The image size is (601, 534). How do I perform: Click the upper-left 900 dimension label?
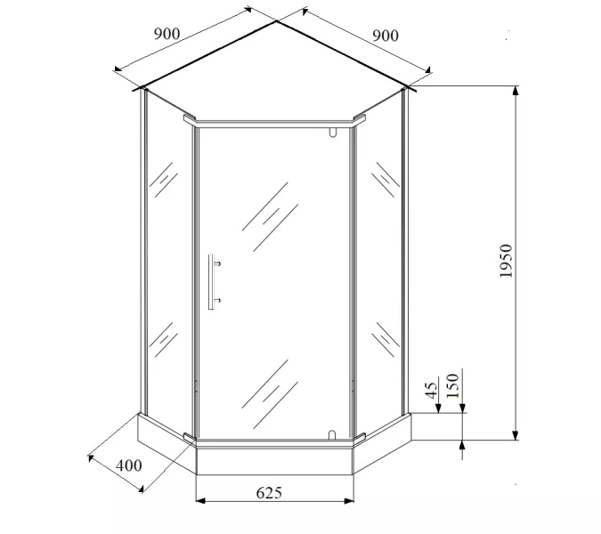pyautogui.click(x=166, y=34)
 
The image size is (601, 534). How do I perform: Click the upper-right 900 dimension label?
pyautogui.click(x=386, y=36)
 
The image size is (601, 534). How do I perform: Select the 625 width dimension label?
pyautogui.click(x=269, y=493)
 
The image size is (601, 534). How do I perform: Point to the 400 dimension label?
pyautogui.click(x=129, y=465)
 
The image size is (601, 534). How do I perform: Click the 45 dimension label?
pyautogui.click(x=431, y=390)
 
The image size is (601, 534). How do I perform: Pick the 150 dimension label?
pyautogui.click(x=452, y=385)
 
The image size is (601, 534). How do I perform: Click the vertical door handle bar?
pyautogui.click(x=211, y=281)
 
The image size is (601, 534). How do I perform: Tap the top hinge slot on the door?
pyautogui.click(x=332, y=132)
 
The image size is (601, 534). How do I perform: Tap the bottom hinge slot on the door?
pyautogui.click(x=332, y=435)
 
